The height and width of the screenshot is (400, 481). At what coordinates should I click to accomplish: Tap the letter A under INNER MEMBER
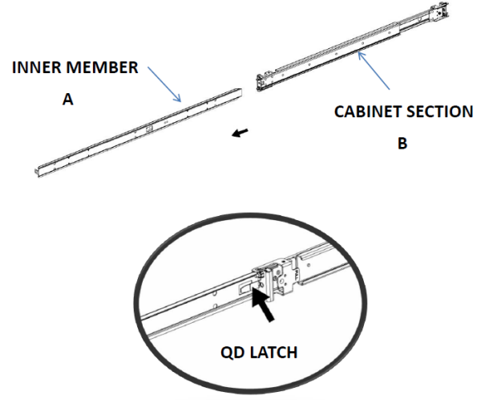tap(68, 100)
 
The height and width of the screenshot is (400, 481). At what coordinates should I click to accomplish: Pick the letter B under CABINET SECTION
tap(402, 143)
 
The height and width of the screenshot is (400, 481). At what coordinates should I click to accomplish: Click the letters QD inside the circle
tap(232, 353)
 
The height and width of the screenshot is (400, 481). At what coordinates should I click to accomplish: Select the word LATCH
tap(273, 353)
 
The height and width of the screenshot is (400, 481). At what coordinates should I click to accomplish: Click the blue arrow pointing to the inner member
tap(164, 84)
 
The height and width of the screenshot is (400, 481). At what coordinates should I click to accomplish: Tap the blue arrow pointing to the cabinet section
tap(374, 71)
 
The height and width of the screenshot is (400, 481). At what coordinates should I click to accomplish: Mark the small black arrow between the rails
tap(240, 133)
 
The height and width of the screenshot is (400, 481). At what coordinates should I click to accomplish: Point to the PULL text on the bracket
tap(297, 274)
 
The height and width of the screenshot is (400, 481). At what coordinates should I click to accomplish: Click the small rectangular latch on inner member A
tap(149, 129)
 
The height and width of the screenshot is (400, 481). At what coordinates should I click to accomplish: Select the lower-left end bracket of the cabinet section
tap(261, 82)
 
